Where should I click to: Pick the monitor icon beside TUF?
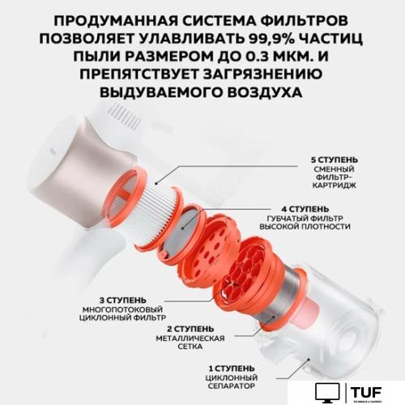click(x=326, y=392)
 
